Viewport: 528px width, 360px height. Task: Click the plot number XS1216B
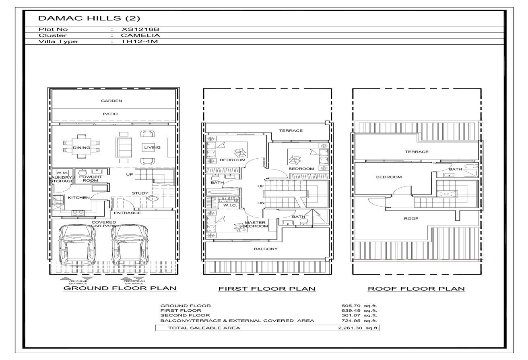pos(140,29)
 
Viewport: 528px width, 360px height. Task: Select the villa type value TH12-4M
pos(139,41)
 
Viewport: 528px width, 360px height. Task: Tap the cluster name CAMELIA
pos(140,35)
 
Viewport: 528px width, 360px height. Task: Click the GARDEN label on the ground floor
pos(111,101)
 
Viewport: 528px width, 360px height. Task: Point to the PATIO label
pos(110,114)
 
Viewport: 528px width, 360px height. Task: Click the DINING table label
pos(81,148)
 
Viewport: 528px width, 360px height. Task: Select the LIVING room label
pos(152,147)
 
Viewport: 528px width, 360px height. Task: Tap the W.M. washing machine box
pos(62,173)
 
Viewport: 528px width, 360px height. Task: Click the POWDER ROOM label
pos(90,178)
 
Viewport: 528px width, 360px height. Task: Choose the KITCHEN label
pos(79,197)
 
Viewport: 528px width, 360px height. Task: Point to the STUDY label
pos(140,193)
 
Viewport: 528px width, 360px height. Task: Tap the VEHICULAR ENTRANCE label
pos(78,282)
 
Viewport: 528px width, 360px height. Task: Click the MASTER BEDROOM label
pos(255,224)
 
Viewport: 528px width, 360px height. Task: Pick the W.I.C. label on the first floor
pos(230,205)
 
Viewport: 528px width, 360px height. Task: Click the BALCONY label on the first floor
pos(266,249)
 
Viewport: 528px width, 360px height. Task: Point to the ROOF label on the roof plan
pos(411,218)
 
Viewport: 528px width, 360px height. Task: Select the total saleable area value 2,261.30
pos(350,328)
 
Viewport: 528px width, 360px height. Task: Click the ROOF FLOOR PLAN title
pos(416,289)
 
